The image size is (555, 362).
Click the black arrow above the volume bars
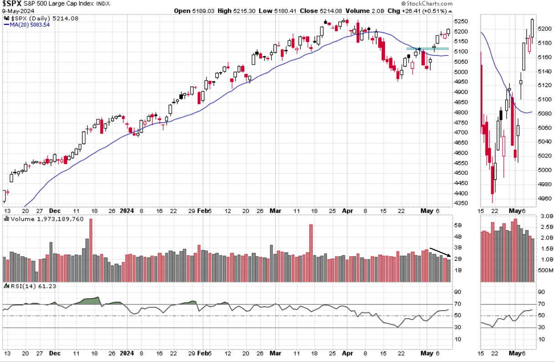(x=440, y=252)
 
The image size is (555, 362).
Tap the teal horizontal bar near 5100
(x=427, y=49)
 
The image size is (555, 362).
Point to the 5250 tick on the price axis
(x=462, y=21)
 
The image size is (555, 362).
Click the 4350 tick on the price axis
(x=462, y=203)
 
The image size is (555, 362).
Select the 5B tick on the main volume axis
(x=458, y=225)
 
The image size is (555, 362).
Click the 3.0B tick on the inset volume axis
(x=547, y=216)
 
